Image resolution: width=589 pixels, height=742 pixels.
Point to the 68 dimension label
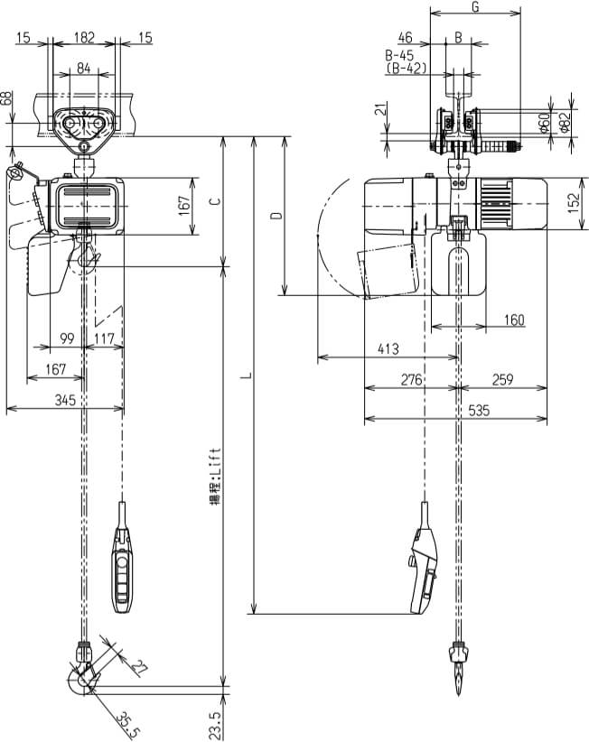(7, 98)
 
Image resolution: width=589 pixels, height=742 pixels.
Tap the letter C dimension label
(213, 201)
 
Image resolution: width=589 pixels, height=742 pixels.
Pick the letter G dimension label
(475, 8)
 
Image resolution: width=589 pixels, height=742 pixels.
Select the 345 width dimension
(64, 399)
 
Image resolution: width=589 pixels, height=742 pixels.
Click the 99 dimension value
(67, 339)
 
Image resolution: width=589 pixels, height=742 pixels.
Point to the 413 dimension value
(388, 349)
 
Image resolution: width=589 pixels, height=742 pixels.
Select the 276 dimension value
(411, 380)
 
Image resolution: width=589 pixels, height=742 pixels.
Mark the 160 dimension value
(513, 320)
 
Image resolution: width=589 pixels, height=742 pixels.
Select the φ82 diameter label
(564, 122)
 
